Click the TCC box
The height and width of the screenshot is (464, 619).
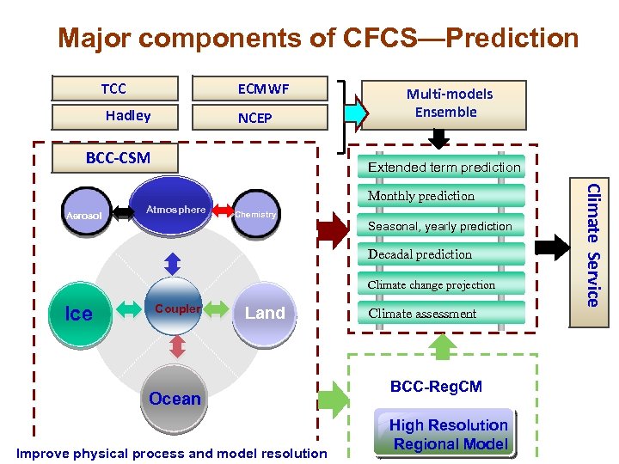114,89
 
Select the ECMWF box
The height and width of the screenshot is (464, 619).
263,89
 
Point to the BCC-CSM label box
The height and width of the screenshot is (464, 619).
118,157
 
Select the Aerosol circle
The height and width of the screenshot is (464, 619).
85,215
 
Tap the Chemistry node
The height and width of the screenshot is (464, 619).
256,214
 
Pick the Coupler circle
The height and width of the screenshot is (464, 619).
177,308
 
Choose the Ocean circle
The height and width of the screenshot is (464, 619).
175,399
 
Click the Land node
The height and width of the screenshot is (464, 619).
265,313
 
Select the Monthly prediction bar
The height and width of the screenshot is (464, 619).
441,196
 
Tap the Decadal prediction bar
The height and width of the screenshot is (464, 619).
441,254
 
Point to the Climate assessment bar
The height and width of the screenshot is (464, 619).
441,314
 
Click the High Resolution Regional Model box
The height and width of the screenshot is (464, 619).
448,434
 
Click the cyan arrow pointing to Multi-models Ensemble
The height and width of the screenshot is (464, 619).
353,112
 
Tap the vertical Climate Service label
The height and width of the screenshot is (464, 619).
591,243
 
